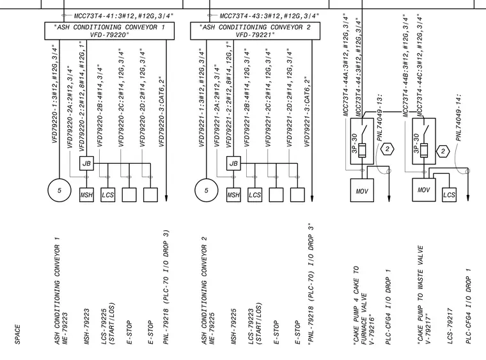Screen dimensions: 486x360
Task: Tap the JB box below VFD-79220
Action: click(86, 163)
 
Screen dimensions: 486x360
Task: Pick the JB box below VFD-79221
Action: click(233, 163)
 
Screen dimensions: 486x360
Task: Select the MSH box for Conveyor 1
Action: click(86, 195)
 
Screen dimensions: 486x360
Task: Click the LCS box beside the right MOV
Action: click(449, 195)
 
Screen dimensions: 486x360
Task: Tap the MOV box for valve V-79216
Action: click(362, 190)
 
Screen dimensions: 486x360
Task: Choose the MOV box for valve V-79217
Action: click(424, 190)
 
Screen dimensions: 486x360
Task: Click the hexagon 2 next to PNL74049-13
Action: click(387, 150)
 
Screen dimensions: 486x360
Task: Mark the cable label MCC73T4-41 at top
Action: click(123, 16)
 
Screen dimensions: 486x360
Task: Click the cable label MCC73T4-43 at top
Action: click(269, 16)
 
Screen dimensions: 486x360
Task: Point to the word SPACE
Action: click(17, 334)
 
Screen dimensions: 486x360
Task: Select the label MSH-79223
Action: click(87, 326)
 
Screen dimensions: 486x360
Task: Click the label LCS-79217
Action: click(451, 326)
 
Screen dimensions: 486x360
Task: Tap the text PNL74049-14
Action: click(459, 118)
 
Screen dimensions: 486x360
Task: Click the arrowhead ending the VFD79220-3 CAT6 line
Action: click(166, 198)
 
